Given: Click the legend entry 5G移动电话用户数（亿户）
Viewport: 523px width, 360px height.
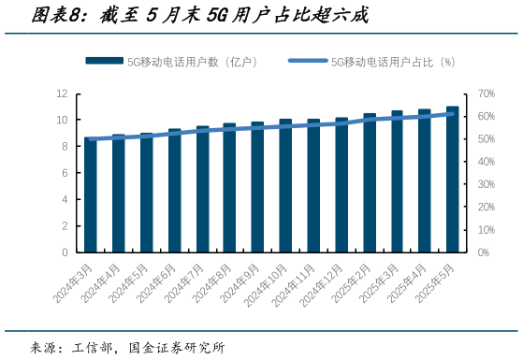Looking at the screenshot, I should [171, 62].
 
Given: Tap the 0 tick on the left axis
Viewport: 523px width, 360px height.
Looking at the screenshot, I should [65, 252].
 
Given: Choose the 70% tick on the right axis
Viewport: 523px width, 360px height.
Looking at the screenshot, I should [486, 94].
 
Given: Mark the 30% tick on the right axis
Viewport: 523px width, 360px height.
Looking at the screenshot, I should [486, 184].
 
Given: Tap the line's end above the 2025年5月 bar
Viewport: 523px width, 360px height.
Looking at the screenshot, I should [453, 113].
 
